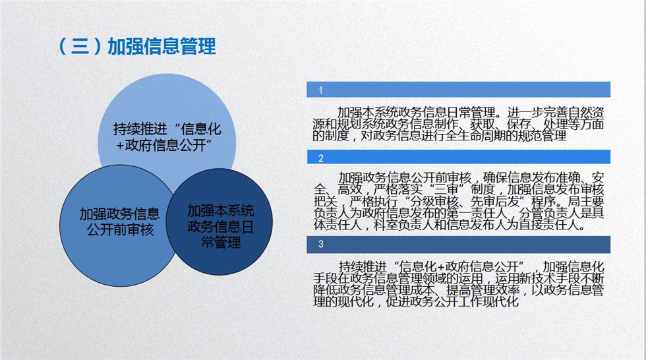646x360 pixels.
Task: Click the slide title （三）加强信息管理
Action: [137, 46]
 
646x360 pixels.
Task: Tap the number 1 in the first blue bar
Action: [320, 90]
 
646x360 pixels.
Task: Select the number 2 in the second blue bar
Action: [321, 158]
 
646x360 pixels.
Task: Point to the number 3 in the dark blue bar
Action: [321, 244]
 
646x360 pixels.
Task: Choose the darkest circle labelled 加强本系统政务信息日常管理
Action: [219, 222]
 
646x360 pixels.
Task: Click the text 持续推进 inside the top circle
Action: [140, 129]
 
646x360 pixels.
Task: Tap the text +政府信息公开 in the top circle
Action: [161, 145]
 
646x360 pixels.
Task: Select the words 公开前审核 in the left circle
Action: [120, 229]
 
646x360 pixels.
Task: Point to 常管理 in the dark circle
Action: [221, 243]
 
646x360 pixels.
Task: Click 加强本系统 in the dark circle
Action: [221, 210]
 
